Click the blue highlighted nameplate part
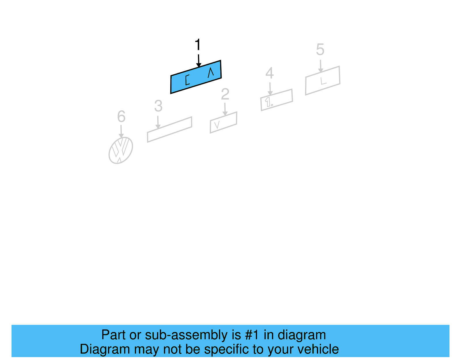pyautogui.click(x=196, y=77)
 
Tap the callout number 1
pyautogui.click(x=197, y=45)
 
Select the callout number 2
pyautogui.click(x=225, y=94)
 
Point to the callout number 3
pyautogui.click(x=158, y=106)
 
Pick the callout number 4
pyautogui.click(x=269, y=73)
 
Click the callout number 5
pyautogui.click(x=320, y=50)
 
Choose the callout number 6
pyautogui.click(x=121, y=116)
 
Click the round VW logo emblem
pyautogui.click(x=121, y=150)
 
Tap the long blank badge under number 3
pyautogui.click(x=169, y=129)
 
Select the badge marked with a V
pyautogui.click(x=223, y=122)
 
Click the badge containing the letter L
pyautogui.click(x=323, y=80)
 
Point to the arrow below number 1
pyautogui.click(x=199, y=60)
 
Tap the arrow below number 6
pyautogui.click(x=121, y=131)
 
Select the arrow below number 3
pyautogui.click(x=158, y=122)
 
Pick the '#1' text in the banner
pyautogui.click(x=252, y=335)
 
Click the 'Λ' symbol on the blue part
pyautogui.click(x=211, y=72)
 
